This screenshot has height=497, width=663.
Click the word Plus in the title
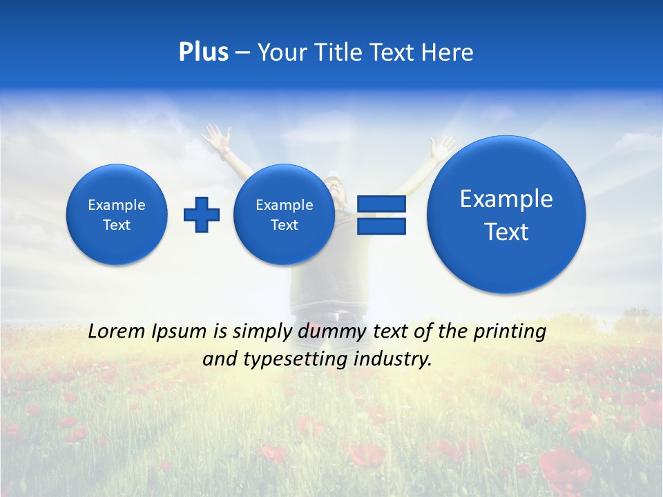tap(203, 52)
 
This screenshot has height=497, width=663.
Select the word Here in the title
tap(447, 52)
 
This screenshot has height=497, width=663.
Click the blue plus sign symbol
tap(202, 214)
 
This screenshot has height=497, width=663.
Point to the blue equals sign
tap(381, 215)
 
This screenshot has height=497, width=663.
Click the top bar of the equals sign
tap(381, 204)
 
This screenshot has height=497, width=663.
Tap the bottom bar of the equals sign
tap(381, 226)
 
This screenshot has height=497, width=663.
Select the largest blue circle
tap(506, 214)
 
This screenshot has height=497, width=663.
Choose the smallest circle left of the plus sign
tap(117, 214)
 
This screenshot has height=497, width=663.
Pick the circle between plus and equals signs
tap(284, 214)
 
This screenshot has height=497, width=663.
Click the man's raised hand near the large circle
tap(441, 146)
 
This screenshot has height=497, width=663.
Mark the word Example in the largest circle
tap(506, 199)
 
